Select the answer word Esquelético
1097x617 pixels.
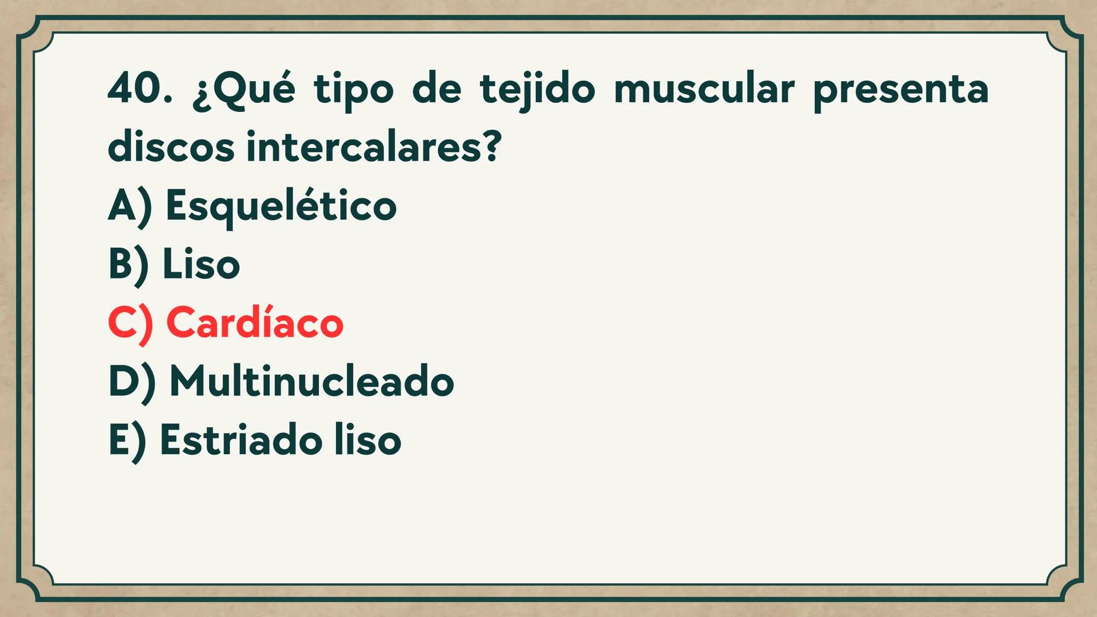[x=281, y=206]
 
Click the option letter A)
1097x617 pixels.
[x=130, y=206]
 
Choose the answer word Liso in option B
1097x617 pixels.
[x=201, y=265]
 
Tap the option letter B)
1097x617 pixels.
[x=129, y=265]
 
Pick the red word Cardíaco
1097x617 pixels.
[x=255, y=323]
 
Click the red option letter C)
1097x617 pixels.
[x=130, y=323]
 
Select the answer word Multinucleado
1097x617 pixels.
[x=312, y=382]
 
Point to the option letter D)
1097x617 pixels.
[x=131, y=382]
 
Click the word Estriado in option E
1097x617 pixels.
[x=241, y=440]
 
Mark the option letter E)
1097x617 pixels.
[x=127, y=440]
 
